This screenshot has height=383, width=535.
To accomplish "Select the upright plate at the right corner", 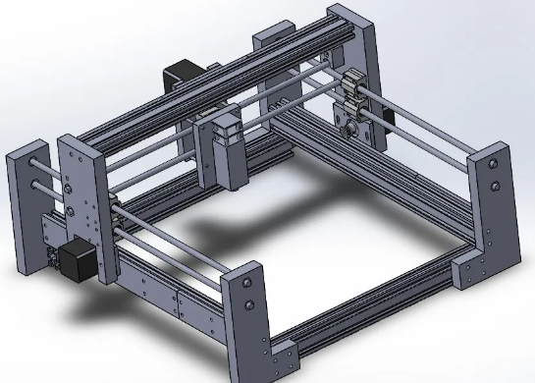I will pos(489,211).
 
